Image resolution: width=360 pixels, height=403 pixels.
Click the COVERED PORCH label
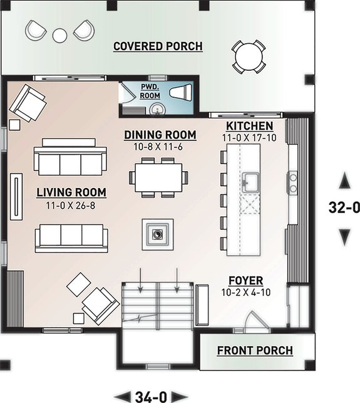coord(158,46)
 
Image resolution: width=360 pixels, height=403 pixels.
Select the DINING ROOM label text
coord(160,135)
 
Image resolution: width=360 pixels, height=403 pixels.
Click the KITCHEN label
coord(249,125)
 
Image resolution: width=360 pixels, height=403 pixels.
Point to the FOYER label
coord(246,280)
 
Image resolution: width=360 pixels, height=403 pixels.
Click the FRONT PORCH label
coord(255,350)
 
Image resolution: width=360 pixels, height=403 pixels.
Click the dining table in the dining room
coord(158,177)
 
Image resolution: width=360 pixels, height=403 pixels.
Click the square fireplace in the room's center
coord(157,234)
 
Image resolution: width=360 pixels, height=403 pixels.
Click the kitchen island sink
coord(252,182)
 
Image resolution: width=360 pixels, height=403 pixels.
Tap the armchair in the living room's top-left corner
coord(29,103)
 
